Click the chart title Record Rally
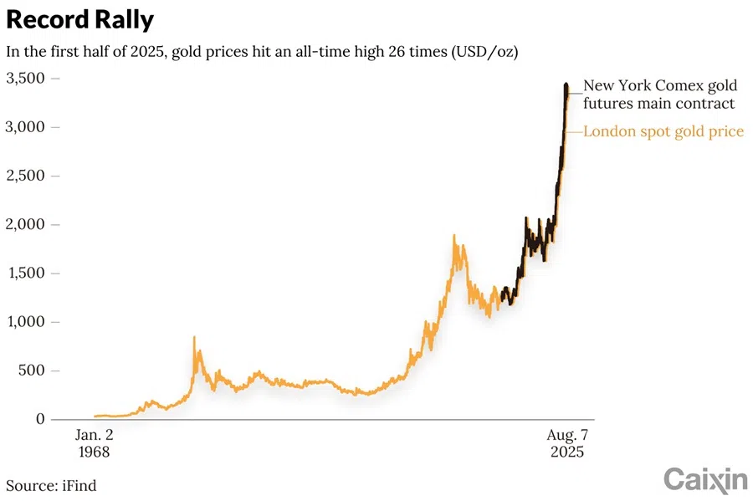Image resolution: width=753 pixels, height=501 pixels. tap(79, 20)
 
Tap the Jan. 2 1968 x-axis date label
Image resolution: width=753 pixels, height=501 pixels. tap(93, 443)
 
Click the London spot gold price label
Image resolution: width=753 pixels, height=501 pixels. tap(663, 131)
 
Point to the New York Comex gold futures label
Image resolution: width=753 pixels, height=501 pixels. tap(659, 95)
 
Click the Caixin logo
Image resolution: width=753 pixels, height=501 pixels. tap(705, 479)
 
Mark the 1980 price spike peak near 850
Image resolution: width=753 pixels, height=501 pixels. tap(195, 338)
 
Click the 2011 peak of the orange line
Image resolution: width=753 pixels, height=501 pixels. tap(453, 237)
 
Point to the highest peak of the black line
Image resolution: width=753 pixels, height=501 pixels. tap(566, 84)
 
